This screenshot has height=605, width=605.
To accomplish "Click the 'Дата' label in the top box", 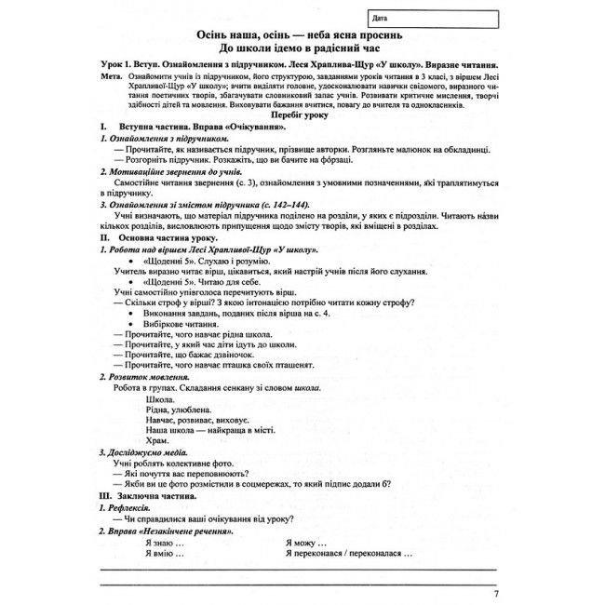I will click(378, 17).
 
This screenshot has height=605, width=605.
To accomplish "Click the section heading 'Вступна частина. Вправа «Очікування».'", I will click(194, 125).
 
